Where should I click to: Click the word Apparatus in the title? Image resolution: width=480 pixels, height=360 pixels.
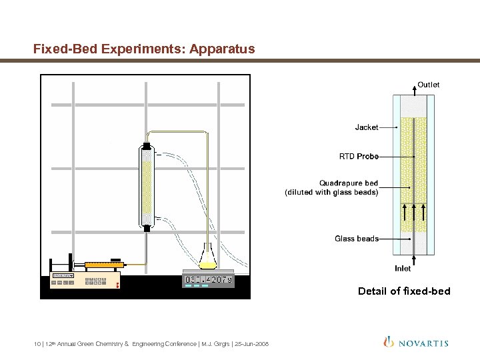(x=222, y=49)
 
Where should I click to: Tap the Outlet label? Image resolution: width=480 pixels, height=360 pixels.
(x=428, y=85)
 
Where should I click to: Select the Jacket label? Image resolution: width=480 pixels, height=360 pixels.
(x=367, y=127)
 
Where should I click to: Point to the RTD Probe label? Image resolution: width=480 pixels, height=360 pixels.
(x=359, y=156)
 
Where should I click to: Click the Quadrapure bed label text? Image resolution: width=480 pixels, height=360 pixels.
(x=348, y=183)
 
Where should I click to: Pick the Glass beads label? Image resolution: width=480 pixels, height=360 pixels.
(x=356, y=238)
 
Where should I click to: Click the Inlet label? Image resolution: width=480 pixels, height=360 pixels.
(x=403, y=268)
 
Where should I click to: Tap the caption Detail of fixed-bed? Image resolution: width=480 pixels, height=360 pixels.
(x=404, y=291)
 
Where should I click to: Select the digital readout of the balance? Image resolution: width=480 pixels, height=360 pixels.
(x=209, y=280)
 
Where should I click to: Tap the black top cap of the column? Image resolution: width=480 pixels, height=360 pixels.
(x=147, y=146)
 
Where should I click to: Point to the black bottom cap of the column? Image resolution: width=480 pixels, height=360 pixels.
(x=147, y=229)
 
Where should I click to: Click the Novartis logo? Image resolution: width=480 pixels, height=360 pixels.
(x=416, y=343)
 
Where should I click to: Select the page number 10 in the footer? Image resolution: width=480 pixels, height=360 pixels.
(x=36, y=344)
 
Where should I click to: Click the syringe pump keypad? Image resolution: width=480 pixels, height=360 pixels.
(x=95, y=280)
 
